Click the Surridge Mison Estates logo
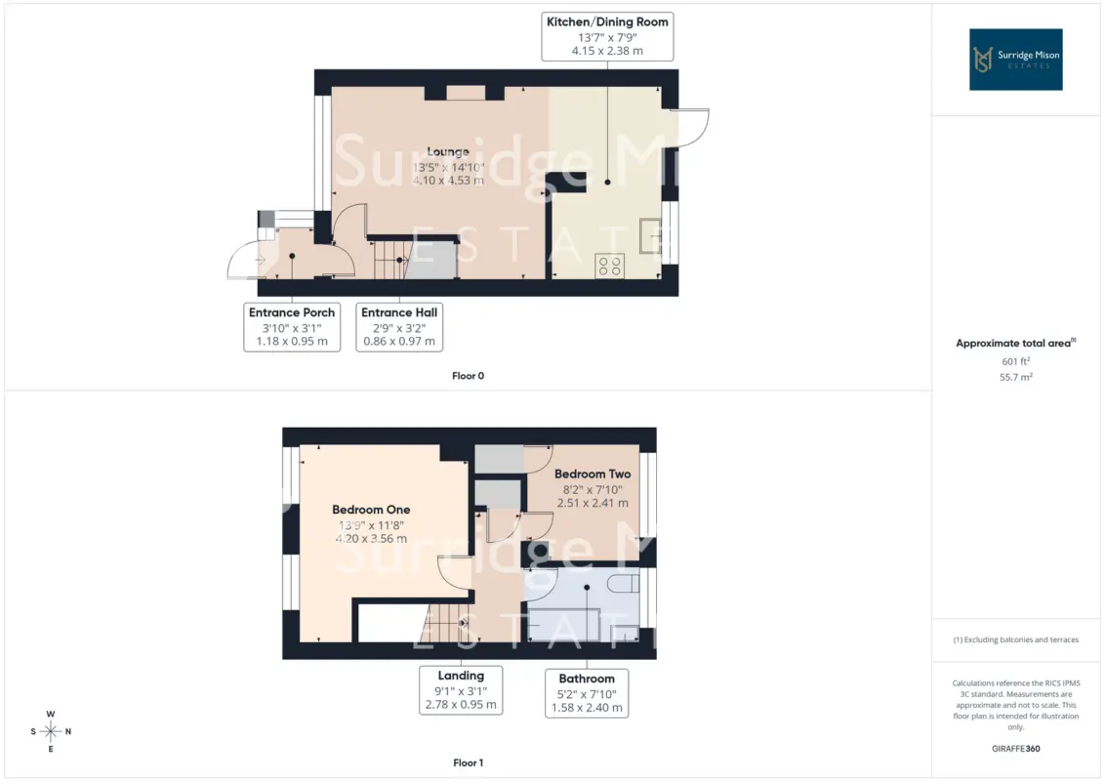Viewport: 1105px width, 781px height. (1015, 60)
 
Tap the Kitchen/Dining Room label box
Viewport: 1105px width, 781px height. (607, 36)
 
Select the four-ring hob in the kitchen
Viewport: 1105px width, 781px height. (609, 266)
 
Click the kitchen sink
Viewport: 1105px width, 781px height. (650, 235)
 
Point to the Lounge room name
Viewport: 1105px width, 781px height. (448, 151)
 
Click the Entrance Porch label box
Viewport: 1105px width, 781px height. (292, 327)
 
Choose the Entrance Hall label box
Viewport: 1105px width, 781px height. (399, 327)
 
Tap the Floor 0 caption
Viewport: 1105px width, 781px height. (468, 376)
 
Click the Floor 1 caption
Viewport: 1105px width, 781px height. (468, 762)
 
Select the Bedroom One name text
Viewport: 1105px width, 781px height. (371, 510)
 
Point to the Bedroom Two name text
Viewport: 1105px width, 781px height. (593, 474)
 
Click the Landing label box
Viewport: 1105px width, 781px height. (461, 690)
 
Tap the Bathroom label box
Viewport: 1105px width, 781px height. (587, 693)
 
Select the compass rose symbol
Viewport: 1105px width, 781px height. (51, 731)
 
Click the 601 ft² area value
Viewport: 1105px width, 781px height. (1015, 361)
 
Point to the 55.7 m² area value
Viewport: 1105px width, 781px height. (1015, 377)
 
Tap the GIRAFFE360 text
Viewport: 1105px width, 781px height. (1015, 749)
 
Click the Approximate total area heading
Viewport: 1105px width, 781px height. (1015, 344)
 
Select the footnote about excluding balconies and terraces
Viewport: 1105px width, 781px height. (1015, 640)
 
